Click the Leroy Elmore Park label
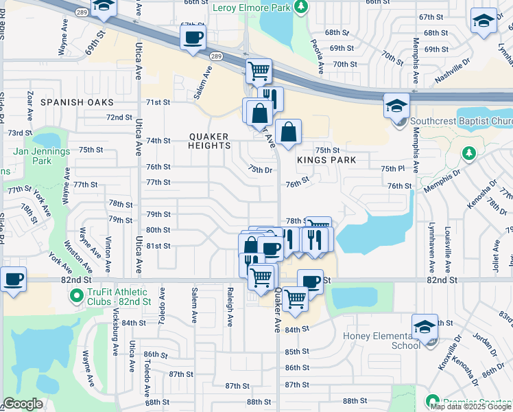[x=250, y=8]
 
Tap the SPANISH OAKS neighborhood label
[x=76, y=102]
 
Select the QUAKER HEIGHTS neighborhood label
[x=209, y=141]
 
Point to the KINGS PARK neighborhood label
[x=326, y=160]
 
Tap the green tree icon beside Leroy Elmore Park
[x=300, y=7]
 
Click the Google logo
[x=23, y=404]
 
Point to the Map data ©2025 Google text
[x=471, y=407]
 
